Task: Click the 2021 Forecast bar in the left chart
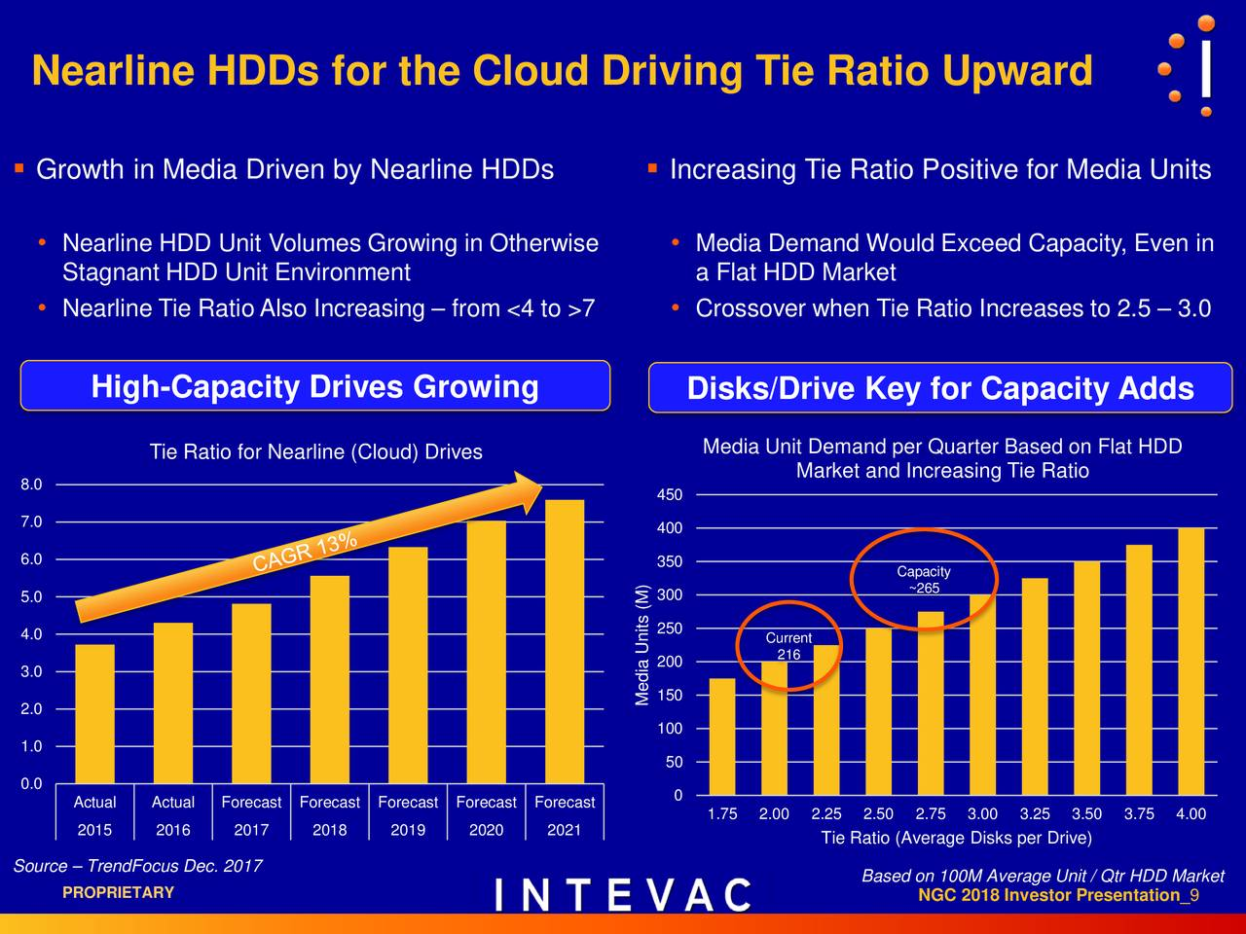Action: (564, 642)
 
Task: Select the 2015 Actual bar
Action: (94, 714)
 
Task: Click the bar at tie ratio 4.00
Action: (1191, 662)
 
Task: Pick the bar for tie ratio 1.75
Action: (722, 736)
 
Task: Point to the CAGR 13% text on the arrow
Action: (305, 551)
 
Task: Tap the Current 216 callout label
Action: (788, 646)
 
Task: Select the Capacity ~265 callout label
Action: (923, 580)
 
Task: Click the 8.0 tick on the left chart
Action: (31, 485)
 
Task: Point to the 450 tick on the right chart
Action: (670, 496)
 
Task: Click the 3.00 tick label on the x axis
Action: (982, 814)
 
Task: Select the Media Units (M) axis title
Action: (642, 645)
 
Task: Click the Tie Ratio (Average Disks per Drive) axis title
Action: (956, 839)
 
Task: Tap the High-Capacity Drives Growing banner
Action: (314, 386)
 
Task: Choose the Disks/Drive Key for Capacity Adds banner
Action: (939, 388)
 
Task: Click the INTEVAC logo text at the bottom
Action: (623, 895)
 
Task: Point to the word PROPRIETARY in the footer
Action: (118, 892)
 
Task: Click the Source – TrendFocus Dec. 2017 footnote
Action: (137, 866)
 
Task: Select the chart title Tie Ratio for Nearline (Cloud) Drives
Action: (315, 451)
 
